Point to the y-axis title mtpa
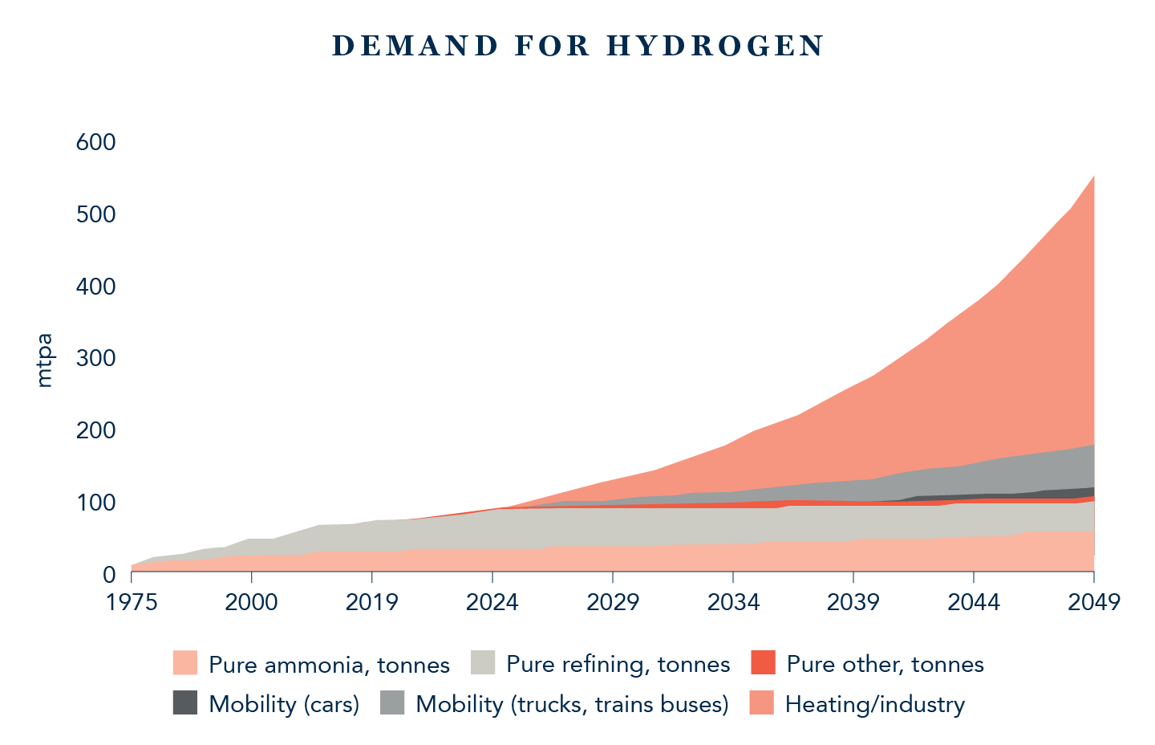pos(45,360)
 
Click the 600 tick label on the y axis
pos(95,142)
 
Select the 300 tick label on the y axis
pos(95,358)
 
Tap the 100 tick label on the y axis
pos(95,503)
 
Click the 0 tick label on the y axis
pos(108,575)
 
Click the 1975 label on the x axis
pos(132,602)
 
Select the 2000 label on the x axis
pos(252,602)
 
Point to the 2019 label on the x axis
pos(372,602)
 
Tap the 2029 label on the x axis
pos(613,602)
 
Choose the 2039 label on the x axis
pos(853,602)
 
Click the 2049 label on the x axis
pos(1093,602)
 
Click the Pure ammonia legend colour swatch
pos(184,663)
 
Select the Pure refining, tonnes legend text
pos(618,664)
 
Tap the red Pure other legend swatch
pos(763,663)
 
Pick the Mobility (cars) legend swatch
pos(184,703)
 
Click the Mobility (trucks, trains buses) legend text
pos(572,704)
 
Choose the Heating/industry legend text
pos(874,704)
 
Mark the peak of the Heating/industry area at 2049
pos(1094,176)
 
